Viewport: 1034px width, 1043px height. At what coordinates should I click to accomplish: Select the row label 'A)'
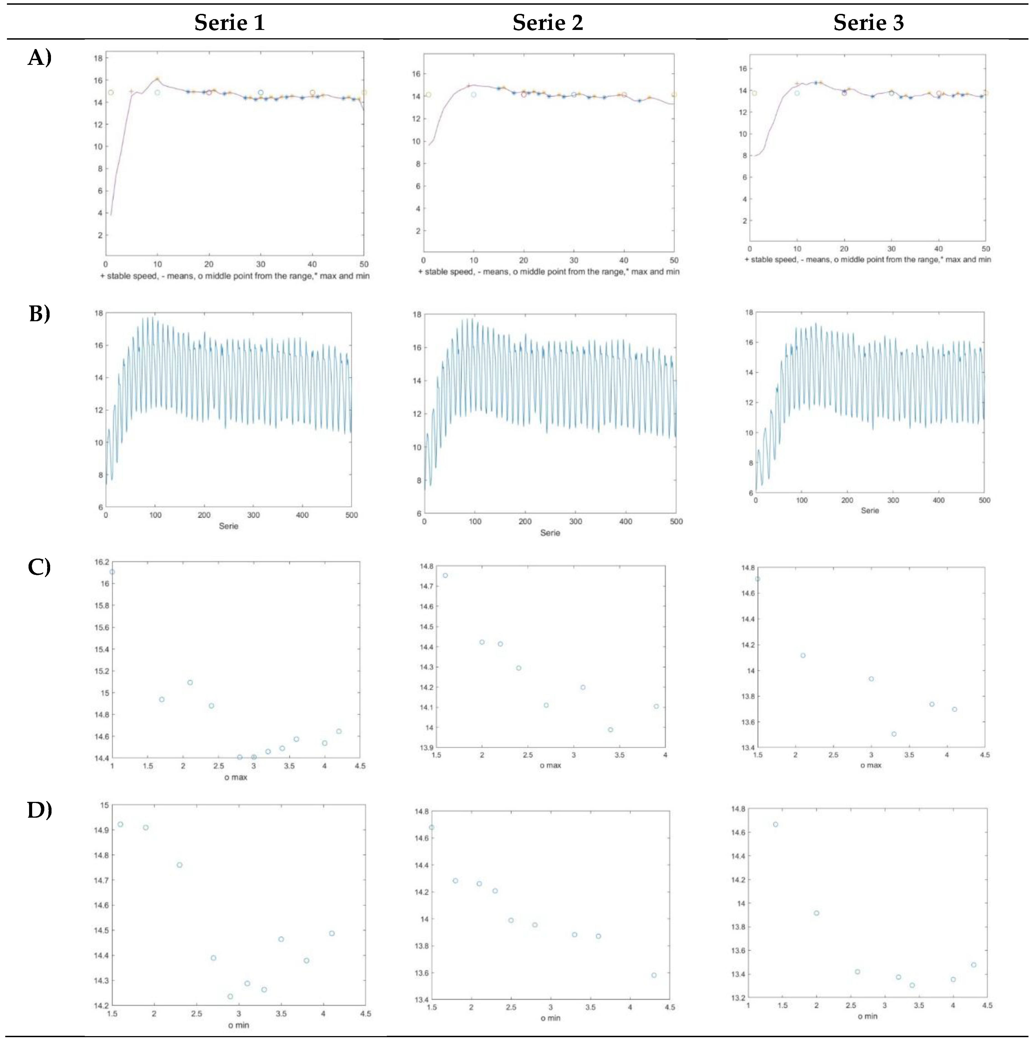39,57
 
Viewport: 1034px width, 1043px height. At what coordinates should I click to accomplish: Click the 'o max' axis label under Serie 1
236,777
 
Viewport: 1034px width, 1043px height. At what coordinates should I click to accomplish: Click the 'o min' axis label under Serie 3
867,1016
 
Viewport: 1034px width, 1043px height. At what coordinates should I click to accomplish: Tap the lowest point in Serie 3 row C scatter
894,734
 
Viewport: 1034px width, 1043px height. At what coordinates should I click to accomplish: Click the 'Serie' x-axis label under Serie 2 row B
550,533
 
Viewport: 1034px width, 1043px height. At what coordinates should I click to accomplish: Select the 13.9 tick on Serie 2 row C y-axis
426,748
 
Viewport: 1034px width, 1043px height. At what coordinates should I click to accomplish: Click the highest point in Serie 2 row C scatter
445,575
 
